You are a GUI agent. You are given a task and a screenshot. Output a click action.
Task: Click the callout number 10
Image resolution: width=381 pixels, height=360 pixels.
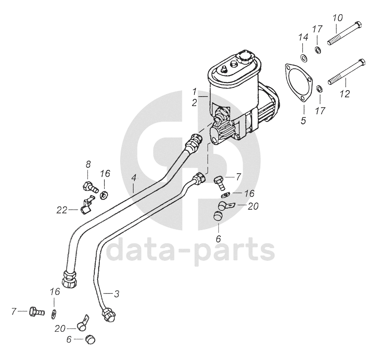[337, 18]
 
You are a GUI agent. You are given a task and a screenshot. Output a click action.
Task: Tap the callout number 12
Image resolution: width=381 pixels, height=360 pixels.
[345, 94]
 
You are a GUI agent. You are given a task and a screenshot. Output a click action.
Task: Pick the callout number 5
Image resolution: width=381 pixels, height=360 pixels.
[303, 121]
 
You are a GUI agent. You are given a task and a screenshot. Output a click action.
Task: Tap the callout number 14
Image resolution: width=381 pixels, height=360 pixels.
[303, 38]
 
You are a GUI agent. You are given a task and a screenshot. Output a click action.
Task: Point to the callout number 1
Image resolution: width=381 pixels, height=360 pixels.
[194, 91]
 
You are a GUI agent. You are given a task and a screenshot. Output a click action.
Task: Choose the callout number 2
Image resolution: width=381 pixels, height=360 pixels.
[194, 102]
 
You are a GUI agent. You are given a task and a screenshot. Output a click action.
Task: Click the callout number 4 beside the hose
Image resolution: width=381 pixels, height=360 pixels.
[134, 178]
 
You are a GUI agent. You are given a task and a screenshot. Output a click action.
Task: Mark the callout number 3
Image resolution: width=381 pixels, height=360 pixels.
[116, 294]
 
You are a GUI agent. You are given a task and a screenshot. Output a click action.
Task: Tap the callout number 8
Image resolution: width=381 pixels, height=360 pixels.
[88, 164]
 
